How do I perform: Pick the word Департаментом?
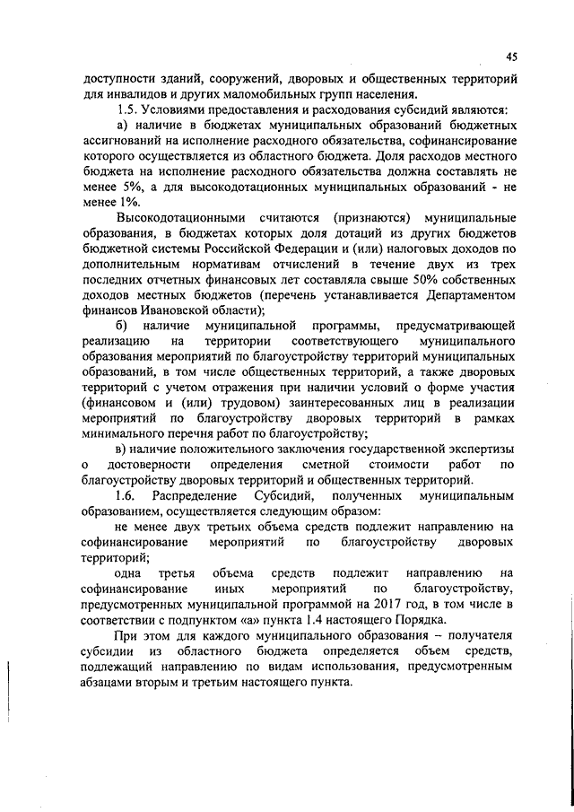pyautogui.click(x=472, y=296)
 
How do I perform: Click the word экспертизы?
pyautogui.click(x=479, y=449)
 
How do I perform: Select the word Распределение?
pyautogui.click(x=195, y=495)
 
